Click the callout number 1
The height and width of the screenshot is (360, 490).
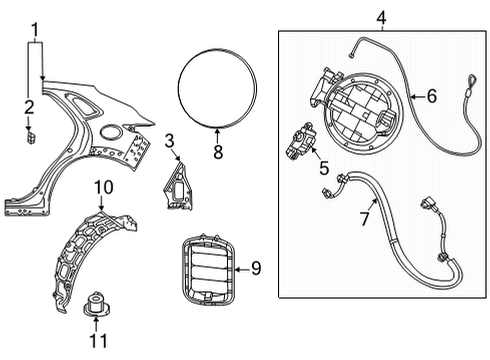click(x=35, y=30)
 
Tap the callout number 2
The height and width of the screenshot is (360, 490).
click(x=29, y=107)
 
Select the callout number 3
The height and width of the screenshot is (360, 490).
click(x=169, y=141)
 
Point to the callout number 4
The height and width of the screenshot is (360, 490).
click(x=381, y=17)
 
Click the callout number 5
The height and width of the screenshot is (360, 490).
click(x=324, y=168)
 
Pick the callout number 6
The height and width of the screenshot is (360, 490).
click(x=432, y=96)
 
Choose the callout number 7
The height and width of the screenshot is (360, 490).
click(x=364, y=219)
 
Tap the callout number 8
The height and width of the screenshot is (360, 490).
click(x=218, y=152)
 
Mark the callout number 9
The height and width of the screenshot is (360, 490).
click(x=256, y=268)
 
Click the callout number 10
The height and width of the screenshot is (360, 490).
click(x=104, y=187)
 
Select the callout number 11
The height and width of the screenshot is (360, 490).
click(x=99, y=341)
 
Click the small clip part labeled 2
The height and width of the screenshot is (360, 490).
click(x=31, y=138)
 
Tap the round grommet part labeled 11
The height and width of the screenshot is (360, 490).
click(x=96, y=304)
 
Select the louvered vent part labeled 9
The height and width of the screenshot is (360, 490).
click(x=208, y=269)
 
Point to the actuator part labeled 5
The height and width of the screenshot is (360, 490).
click(x=301, y=140)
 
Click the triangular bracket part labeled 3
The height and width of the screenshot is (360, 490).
click(x=179, y=188)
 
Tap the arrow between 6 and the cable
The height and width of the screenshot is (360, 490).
click(x=417, y=97)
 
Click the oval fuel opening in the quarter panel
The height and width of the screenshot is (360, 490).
click(x=110, y=131)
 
